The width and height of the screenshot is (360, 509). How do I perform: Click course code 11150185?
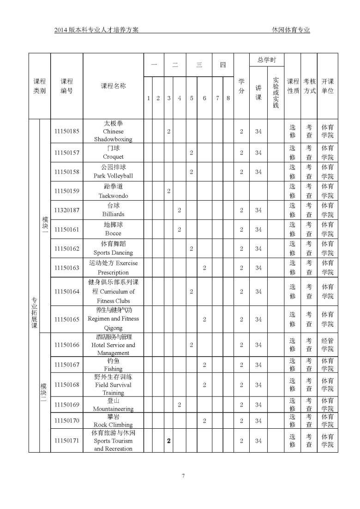[x=66, y=132]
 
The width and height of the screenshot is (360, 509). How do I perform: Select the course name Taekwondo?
[x=113, y=196]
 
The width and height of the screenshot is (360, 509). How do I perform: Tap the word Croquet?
[x=113, y=157]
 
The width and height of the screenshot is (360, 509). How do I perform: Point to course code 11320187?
[x=66, y=210]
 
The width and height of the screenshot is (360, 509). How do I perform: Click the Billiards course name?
[x=113, y=215]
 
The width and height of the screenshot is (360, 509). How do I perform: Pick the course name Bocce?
[x=113, y=234]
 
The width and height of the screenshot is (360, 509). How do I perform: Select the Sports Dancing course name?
[x=113, y=253]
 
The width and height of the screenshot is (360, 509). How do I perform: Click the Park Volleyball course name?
[x=113, y=176]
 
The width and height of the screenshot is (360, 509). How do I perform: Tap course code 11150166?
[x=66, y=345]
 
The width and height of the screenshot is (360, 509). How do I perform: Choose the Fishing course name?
[x=113, y=369]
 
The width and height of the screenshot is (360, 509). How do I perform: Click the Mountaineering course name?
[x=113, y=409]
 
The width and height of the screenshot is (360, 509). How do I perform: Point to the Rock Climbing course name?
[x=113, y=425]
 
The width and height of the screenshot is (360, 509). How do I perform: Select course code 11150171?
[x=66, y=441]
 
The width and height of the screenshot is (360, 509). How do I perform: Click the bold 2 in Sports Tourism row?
[x=169, y=441]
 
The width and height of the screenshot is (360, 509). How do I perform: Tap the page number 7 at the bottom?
[x=183, y=476]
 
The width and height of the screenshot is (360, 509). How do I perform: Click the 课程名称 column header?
[x=113, y=86]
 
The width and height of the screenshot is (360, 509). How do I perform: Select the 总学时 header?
[x=267, y=60]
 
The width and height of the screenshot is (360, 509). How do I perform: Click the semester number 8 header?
[x=228, y=98]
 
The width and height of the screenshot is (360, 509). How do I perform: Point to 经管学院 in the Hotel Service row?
[x=327, y=345]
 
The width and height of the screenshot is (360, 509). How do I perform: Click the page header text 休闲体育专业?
[x=291, y=30]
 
